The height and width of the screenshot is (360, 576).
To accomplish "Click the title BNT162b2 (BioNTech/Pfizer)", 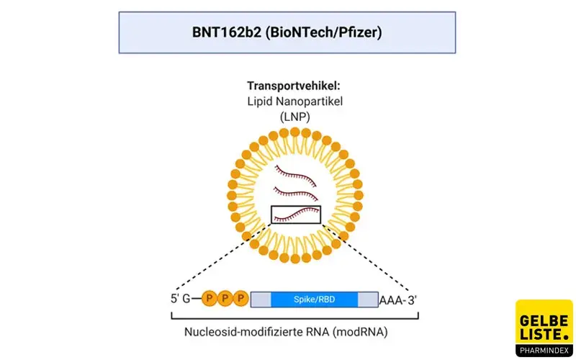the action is click(x=287, y=32).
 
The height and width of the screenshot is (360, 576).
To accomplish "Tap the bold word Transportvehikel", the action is click(x=294, y=86).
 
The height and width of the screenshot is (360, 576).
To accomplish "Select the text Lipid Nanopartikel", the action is click(x=294, y=102).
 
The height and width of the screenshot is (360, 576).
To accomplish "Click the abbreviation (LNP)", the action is click(x=295, y=117).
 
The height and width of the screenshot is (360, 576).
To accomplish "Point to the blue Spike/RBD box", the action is click(x=315, y=300).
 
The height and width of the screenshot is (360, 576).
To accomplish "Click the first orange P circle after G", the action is click(x=210, y=298).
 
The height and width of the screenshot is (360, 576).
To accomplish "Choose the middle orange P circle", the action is click(x=225, y=298).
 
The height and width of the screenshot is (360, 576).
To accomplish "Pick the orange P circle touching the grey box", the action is click(x=241, y=298).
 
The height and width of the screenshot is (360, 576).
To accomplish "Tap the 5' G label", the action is click(x=181, y=299).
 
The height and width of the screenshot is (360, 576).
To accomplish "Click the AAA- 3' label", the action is click(x=398, y=300).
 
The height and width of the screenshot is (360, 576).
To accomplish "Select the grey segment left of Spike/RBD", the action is click(x=261, y=300).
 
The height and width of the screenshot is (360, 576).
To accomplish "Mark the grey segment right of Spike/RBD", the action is click(x=368, y=300).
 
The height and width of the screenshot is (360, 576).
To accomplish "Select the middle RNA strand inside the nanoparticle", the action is click(x=296, y=192).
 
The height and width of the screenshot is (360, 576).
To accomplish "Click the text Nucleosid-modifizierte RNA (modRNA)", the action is click(x=286, y=332).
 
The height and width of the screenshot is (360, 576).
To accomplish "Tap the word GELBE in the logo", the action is click(x=544, y=320).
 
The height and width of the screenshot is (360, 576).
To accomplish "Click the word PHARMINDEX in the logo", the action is click(x=544, y=351).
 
